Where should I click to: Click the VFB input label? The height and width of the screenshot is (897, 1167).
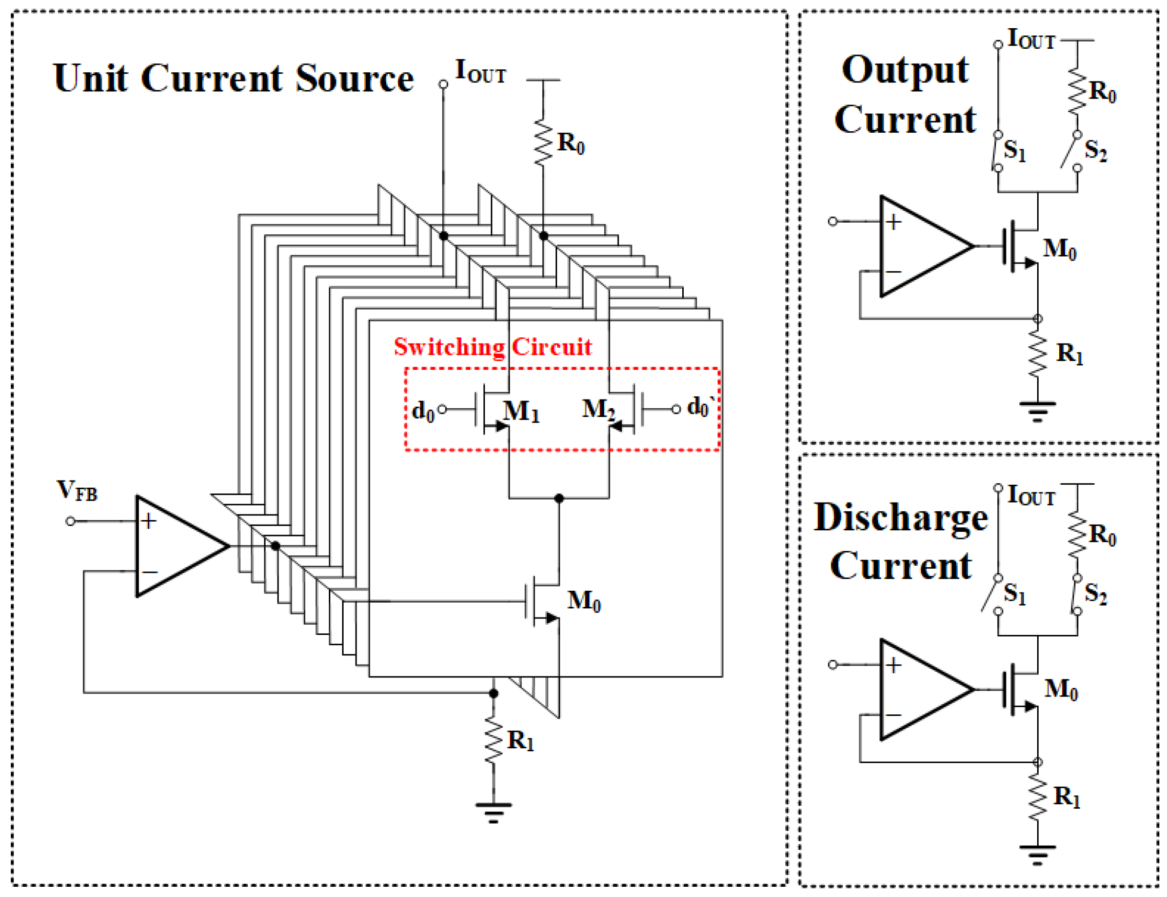point(77,490)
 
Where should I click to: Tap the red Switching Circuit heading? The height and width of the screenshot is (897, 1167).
point(492,347)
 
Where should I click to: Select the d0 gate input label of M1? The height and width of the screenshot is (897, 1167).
point(423,411)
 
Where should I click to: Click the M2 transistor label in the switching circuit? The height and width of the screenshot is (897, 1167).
point(598,410)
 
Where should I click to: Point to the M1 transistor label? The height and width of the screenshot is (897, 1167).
point(520,411)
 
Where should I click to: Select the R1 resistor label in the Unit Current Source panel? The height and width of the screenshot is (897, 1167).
point(520,741)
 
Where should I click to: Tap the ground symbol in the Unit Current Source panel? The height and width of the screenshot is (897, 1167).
point(493,812)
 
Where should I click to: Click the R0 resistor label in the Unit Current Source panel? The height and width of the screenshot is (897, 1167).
point(570,143)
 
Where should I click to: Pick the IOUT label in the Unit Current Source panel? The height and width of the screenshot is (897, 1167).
point(480,72)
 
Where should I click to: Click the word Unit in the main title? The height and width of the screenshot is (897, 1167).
point(90,78)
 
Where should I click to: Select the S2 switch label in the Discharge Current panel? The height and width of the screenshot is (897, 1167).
point(1095,593)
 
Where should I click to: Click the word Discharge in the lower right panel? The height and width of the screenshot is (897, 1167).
point(900,517)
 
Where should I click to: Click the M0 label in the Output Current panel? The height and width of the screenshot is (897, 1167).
point(1059,249)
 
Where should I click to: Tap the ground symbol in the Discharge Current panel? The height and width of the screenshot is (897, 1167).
point(1037,854)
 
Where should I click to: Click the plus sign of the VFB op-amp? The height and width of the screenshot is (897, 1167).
point(148,521)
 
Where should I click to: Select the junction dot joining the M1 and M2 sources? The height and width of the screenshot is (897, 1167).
point(559,498)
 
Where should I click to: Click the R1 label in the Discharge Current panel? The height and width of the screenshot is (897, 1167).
point(1066,796)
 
